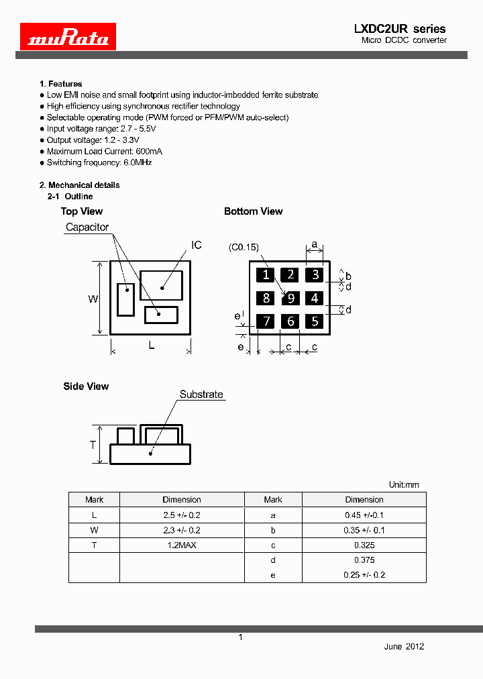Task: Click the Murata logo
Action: click(x=68, y=37)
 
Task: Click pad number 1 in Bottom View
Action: click(x=266, y=274)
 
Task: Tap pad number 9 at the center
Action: click(x=290, y=298)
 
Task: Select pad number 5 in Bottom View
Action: click(x=315, y=321)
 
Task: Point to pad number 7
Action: click(x=266, y=321)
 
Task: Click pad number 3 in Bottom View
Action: click(x=315, y=274)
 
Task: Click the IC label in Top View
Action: click(x=197, y=246)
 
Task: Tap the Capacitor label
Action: click(x=87, y=227)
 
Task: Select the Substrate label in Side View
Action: click(x=201, y=395)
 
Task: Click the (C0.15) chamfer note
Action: click(x=244, y=247)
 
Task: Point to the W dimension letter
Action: click(x=93, y=299)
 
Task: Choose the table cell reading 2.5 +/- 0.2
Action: click(x=182, y=515)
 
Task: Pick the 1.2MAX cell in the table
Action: click(x=182, y=545)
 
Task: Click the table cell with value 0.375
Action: click(x=364, y=560)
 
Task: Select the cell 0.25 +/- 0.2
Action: click(x=364, y=575)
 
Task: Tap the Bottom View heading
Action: click(x=253, y=211)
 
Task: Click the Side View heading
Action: click(x=86, y=386)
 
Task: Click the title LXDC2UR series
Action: click(x=399, y=29)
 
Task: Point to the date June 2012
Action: click(x=404, y=646)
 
